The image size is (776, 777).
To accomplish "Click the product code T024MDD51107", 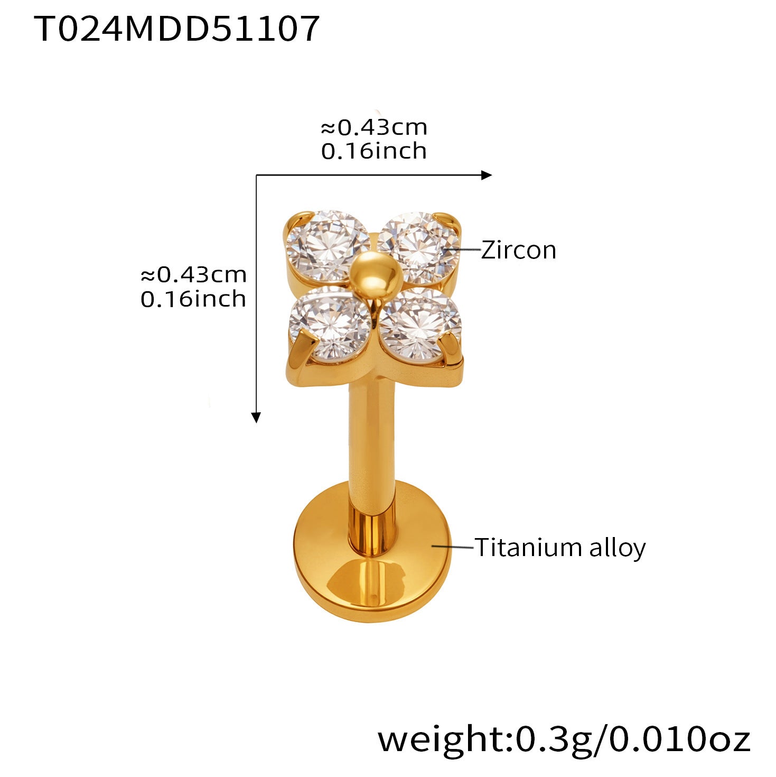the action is tap(176, 29).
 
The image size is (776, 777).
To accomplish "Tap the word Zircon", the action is tap(518, 250).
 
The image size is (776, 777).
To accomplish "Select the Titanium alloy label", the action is tap(560, 549).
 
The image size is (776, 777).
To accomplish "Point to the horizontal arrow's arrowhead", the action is tap(487, 175).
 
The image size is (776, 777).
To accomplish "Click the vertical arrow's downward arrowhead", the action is tap(256, 418).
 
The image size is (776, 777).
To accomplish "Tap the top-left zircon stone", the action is tap(328, 246).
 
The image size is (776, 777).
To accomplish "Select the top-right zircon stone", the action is tap(418, 247).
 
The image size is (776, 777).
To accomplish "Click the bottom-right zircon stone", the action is tap(420, 324).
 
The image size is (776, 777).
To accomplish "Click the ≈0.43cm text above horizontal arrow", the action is tap(373, 127).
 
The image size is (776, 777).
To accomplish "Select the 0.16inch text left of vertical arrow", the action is tap(193, 299).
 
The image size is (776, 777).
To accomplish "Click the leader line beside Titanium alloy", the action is tap(452, 547).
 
